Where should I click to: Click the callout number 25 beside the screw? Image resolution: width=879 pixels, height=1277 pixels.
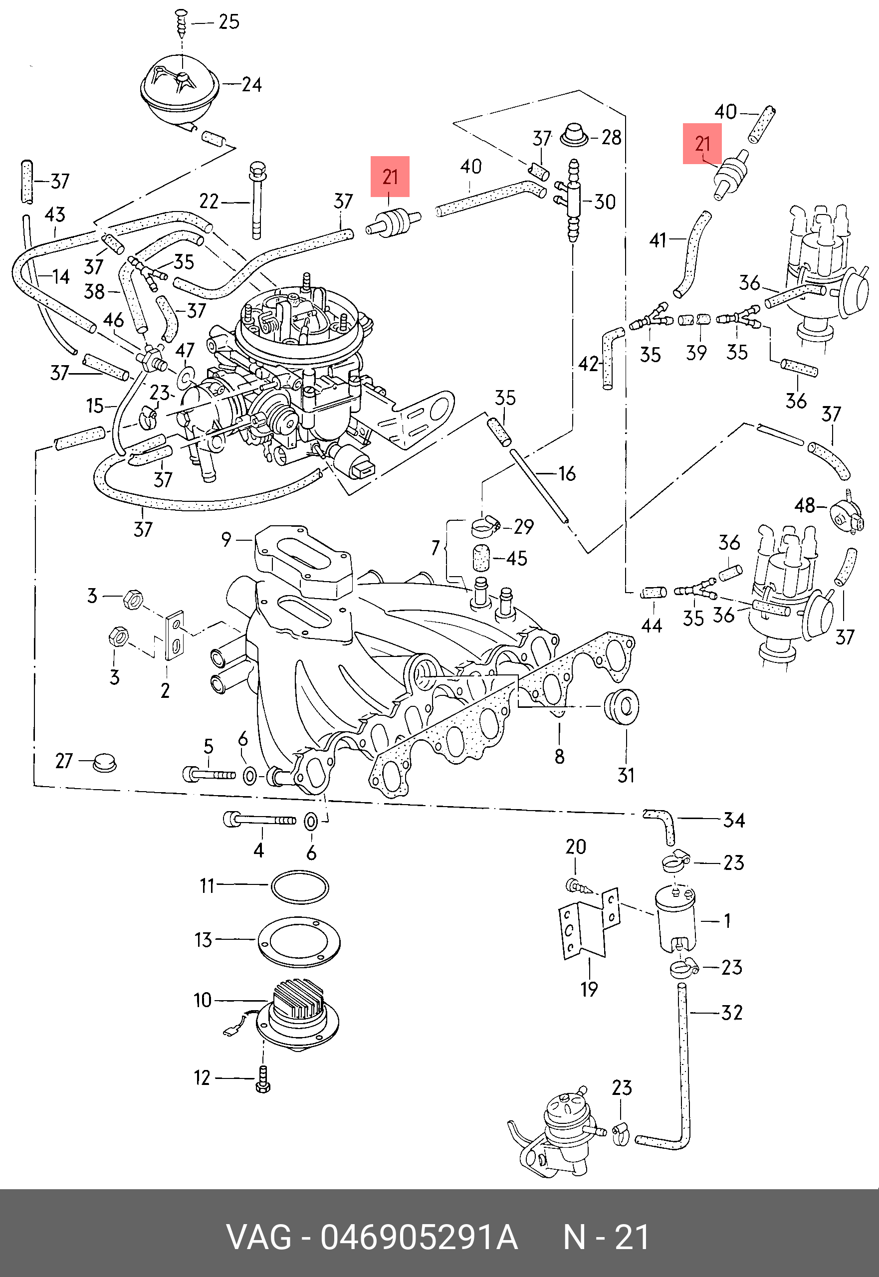pos(228,22)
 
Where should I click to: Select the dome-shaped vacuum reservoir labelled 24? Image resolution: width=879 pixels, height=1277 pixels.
pos(180,91)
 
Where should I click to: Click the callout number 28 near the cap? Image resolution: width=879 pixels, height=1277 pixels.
pos(611,137)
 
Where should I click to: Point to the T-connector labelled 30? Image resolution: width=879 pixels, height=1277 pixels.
pos(572,200)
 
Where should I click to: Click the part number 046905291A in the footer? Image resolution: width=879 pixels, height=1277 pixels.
pos(419,1238)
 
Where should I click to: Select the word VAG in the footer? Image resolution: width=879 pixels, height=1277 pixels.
pos(259,1238)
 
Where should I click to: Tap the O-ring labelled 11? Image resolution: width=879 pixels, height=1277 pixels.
pos(300,887)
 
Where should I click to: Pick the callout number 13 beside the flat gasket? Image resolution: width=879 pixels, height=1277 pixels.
pos(203,939)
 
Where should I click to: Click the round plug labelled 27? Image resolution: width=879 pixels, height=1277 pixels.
pos(105,762)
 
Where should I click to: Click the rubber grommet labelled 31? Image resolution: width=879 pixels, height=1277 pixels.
pos(621,705)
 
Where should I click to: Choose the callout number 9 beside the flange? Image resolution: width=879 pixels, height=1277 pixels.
pos(226,539)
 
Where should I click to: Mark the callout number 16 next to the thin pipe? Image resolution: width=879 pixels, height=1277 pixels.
pos(567,473)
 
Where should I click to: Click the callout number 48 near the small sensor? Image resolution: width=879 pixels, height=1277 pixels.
pos(805,505)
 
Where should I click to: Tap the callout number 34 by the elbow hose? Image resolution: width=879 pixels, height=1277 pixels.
pos(734,820)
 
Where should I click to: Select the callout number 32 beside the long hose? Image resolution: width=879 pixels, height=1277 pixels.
pos(732,1012)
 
